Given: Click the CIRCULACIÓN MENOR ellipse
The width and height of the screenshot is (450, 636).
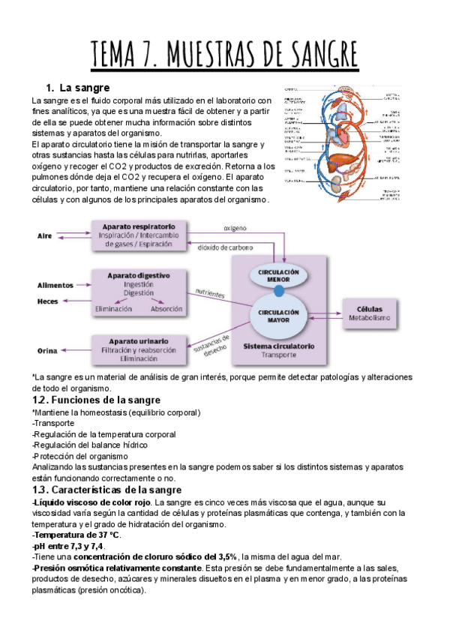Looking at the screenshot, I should click(278, 274).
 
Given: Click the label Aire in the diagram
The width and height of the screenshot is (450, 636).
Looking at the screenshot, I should click(45, 235).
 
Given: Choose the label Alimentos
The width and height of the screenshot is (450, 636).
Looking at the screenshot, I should click(55, 285).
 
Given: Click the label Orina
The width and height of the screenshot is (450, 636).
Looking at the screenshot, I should click(47, 350).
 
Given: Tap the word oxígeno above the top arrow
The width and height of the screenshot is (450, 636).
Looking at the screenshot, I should click(235, 227).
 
